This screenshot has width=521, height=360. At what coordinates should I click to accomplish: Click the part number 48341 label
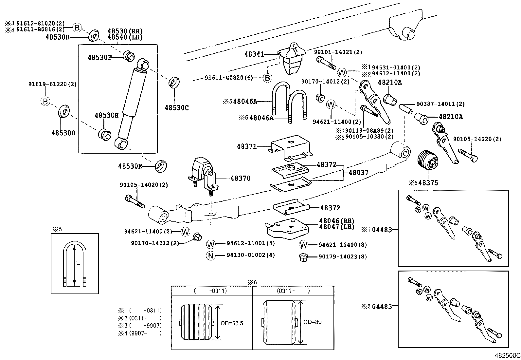pyautogui.click(x=254, y=54)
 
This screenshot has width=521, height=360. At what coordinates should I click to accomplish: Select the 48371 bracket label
pyautogui.click(x=247, y=146)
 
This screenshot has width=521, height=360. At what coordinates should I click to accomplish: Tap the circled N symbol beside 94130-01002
pyautogui.click(x=211, y=256)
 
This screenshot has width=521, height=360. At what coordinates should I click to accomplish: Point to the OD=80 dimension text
pyautogui.click(x=312, y=322)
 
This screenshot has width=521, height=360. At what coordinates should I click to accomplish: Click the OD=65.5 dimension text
pyautogui.click(x=231, y=323)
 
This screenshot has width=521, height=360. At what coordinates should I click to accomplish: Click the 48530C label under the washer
pyautogui.click(x=177, y=108)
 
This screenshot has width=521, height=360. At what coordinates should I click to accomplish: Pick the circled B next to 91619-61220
pyautogui.click(x=45, y=102)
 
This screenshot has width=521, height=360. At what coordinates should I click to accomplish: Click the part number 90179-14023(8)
pyautogui.click(x=342, y=257)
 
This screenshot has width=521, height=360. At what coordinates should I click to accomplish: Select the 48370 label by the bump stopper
pyautogui.click(x=240, y=179)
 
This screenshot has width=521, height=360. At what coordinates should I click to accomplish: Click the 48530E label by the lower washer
pyautogui.click(x=130, y=166)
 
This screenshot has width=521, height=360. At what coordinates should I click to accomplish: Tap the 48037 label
pyautogui.click(x=358, y=172)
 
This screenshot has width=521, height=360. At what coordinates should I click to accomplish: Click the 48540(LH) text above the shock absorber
pyautogui.click(x=125, y=37)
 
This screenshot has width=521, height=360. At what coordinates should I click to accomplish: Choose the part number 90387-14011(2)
pyautogui.click(x=440, y=104)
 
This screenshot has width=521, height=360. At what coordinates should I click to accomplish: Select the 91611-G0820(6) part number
pyautogui.click(x=229, y=78)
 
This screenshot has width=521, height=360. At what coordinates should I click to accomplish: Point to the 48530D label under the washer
pyautogui.click(x=63, y=133)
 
